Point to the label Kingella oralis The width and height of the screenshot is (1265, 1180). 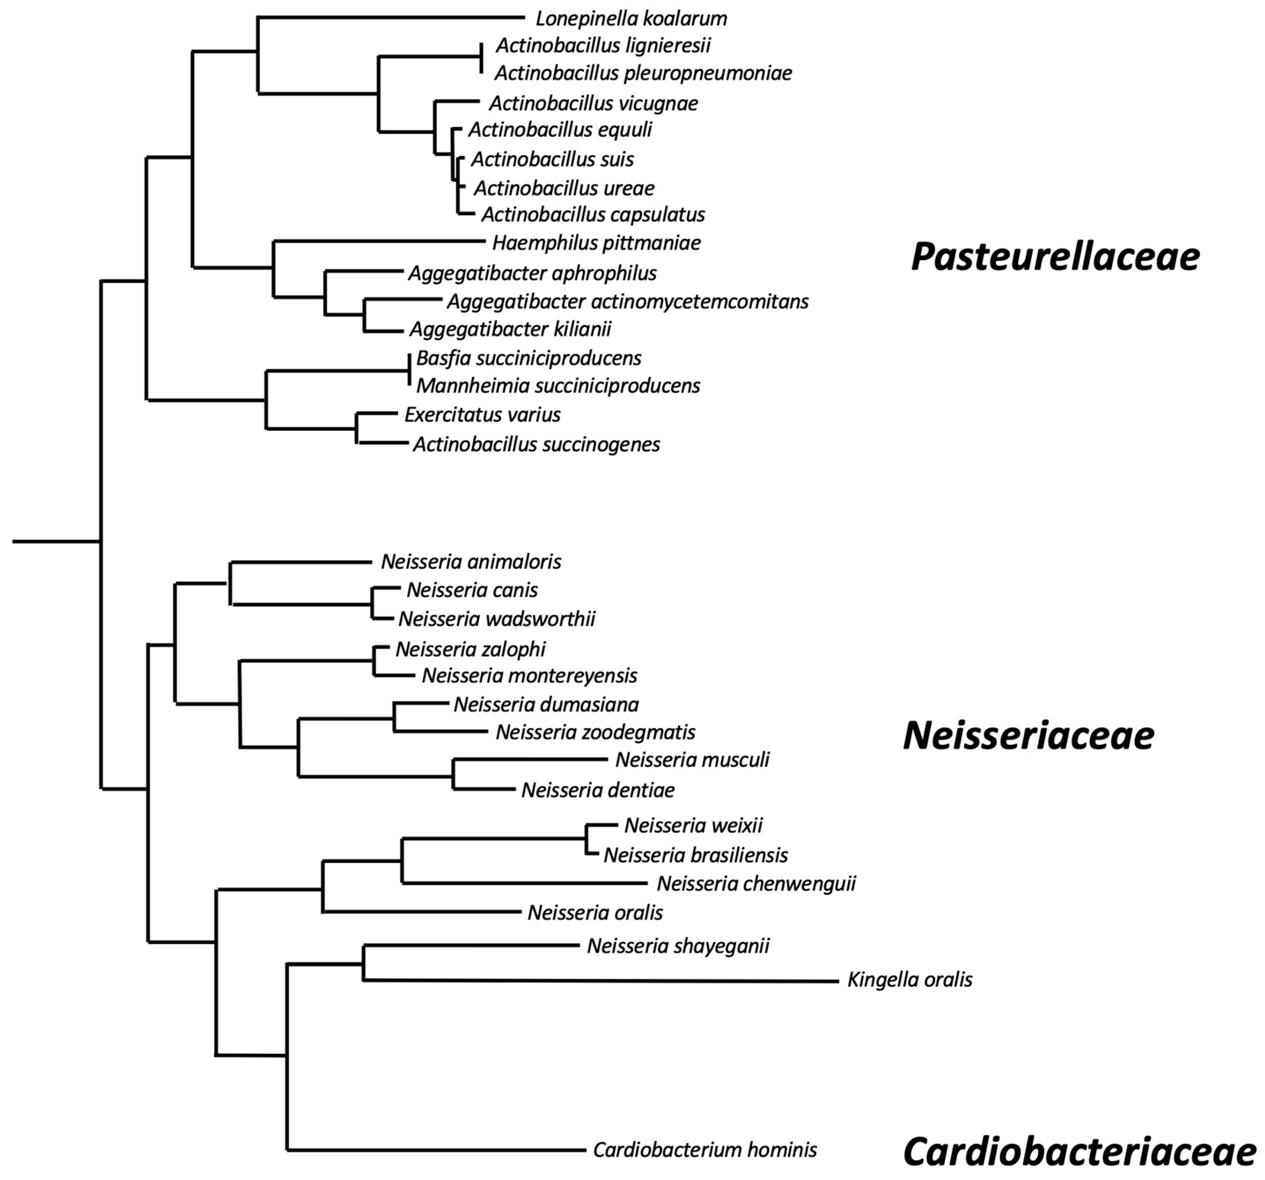(909, 979)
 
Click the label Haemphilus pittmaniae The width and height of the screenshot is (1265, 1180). (596, 243)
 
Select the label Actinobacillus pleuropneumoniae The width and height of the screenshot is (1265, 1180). (643, 73)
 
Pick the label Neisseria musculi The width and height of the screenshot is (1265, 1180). (692, 759)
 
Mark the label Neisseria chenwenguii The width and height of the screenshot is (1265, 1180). (756, 883)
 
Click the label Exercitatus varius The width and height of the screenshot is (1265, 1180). (482, 415)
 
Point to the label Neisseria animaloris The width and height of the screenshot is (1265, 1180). (471, 562)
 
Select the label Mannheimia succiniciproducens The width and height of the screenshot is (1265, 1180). (558, 385)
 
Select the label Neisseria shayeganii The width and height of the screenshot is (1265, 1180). (678, 946)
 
